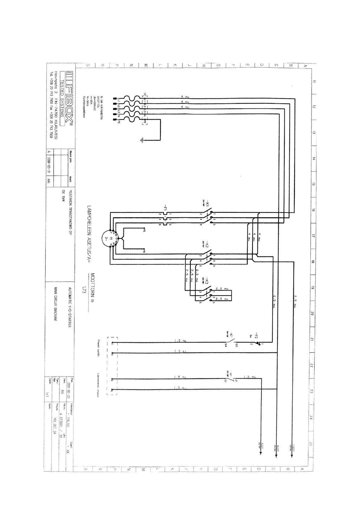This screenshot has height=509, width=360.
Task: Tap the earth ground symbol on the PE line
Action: tap(142, 140)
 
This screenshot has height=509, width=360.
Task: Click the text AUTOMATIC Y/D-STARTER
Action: tap(70, 307)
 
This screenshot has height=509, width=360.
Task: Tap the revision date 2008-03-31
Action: tap(49, 165)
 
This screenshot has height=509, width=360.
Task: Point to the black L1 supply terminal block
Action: tap(115, 99)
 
